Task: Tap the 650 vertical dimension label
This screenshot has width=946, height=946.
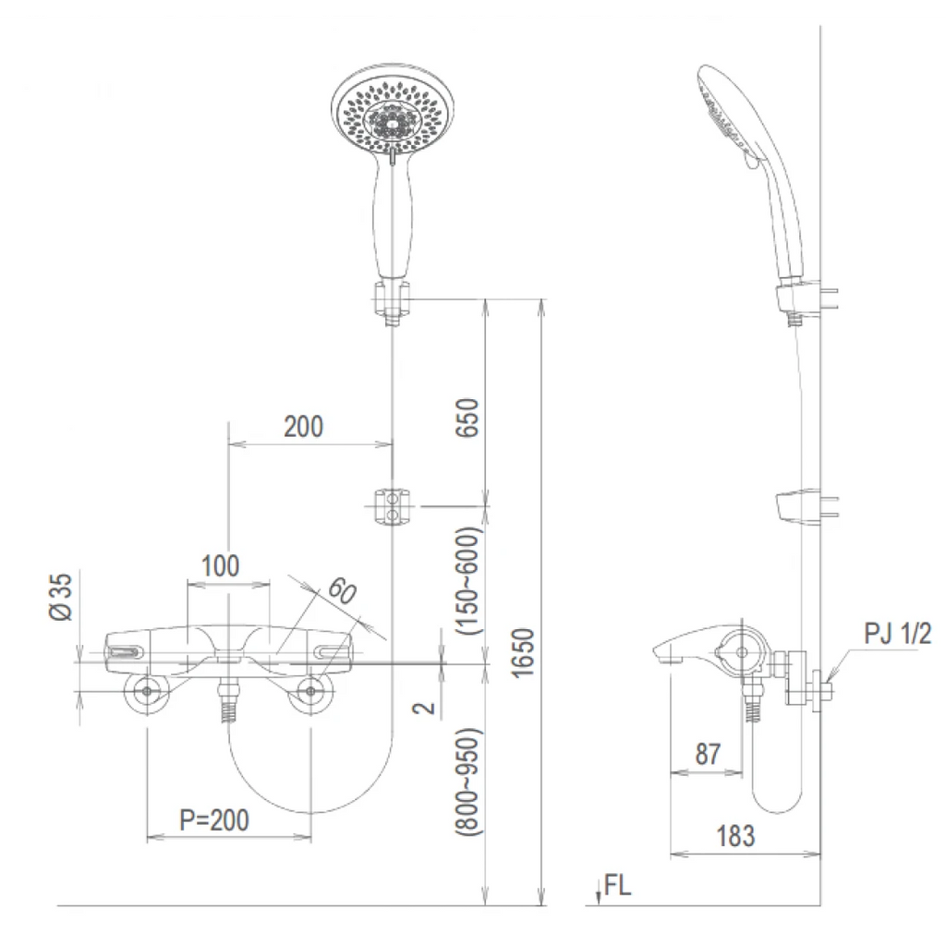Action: [467, 418]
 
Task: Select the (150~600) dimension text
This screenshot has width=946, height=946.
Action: [468, 580]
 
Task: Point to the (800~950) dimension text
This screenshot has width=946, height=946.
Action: [468, 782]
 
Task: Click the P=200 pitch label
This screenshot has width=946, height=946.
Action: [214, 820]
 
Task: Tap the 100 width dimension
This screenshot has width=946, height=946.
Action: [220, 566]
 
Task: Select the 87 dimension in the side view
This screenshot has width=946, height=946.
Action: [708, 754]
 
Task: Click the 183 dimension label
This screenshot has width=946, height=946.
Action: [735, 836]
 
